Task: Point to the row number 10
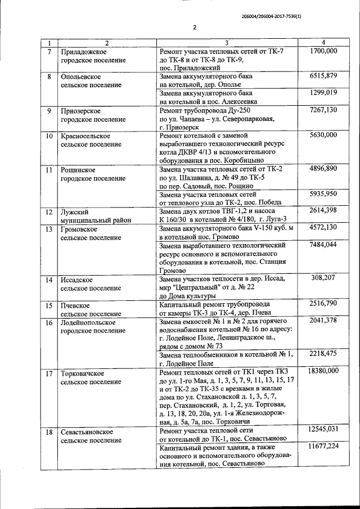coord(49,136)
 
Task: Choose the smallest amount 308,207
coord(323,278)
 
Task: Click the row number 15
coord(49,305)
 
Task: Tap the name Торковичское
coord(85,372)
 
